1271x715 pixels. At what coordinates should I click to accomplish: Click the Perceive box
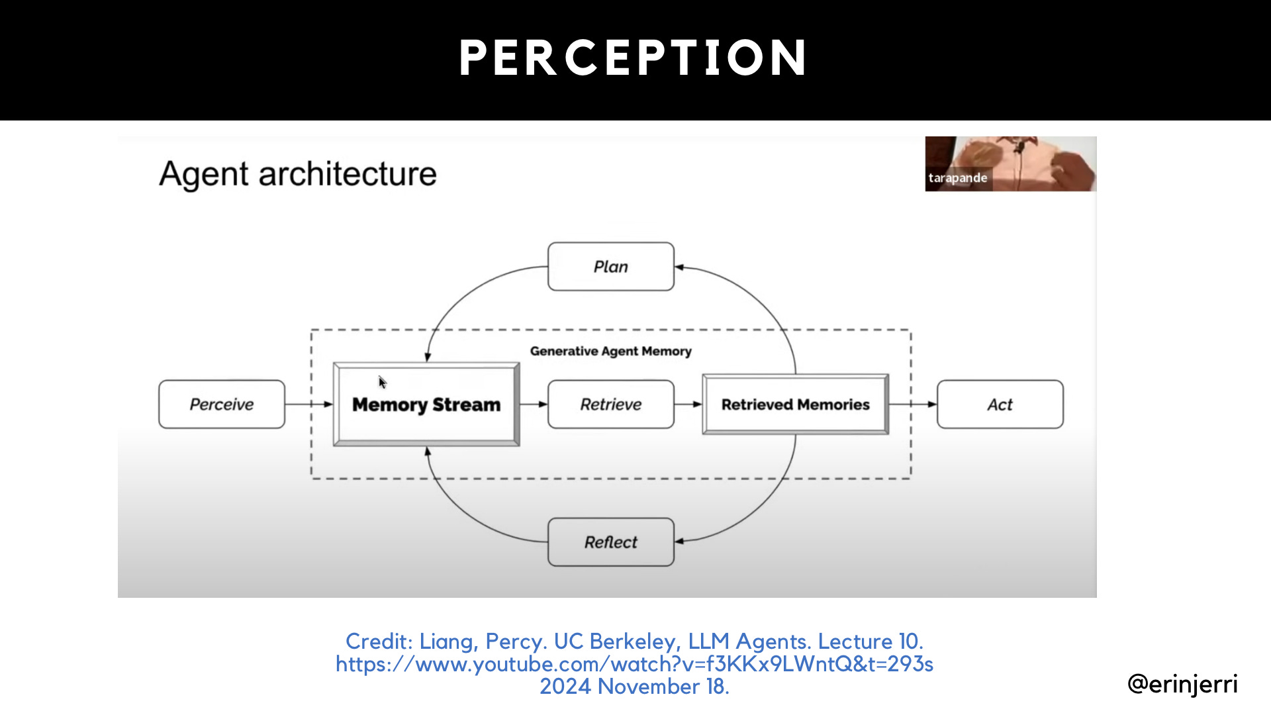(222, 405)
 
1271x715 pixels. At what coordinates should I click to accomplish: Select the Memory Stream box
(426, 405)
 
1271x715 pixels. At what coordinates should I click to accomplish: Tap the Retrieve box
(610, 405)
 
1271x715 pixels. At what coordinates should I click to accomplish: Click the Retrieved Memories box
(795, 405)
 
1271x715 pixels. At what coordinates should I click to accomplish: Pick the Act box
(1000, 405)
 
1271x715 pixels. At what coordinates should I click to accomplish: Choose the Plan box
(610, 267)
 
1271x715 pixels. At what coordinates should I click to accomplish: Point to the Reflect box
(610, 542)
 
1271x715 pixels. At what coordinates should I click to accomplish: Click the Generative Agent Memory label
(610, 352)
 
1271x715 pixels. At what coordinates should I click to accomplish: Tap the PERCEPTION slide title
(634, 58)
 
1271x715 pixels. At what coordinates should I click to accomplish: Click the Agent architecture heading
(298, 174)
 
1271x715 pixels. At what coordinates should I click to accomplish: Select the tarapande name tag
(957, 178)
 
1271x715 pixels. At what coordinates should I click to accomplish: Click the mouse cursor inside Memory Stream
(382, 381)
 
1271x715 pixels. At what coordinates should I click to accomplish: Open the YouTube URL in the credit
(634, 664)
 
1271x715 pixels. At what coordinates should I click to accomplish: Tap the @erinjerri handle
(1182, 684)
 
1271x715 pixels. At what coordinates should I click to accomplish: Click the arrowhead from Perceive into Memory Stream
(328, 405)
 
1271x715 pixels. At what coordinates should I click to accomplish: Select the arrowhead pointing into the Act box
(932, 405)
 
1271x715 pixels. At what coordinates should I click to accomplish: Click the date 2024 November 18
(634, 687)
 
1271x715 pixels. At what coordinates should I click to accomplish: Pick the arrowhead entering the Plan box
(680, 267)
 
